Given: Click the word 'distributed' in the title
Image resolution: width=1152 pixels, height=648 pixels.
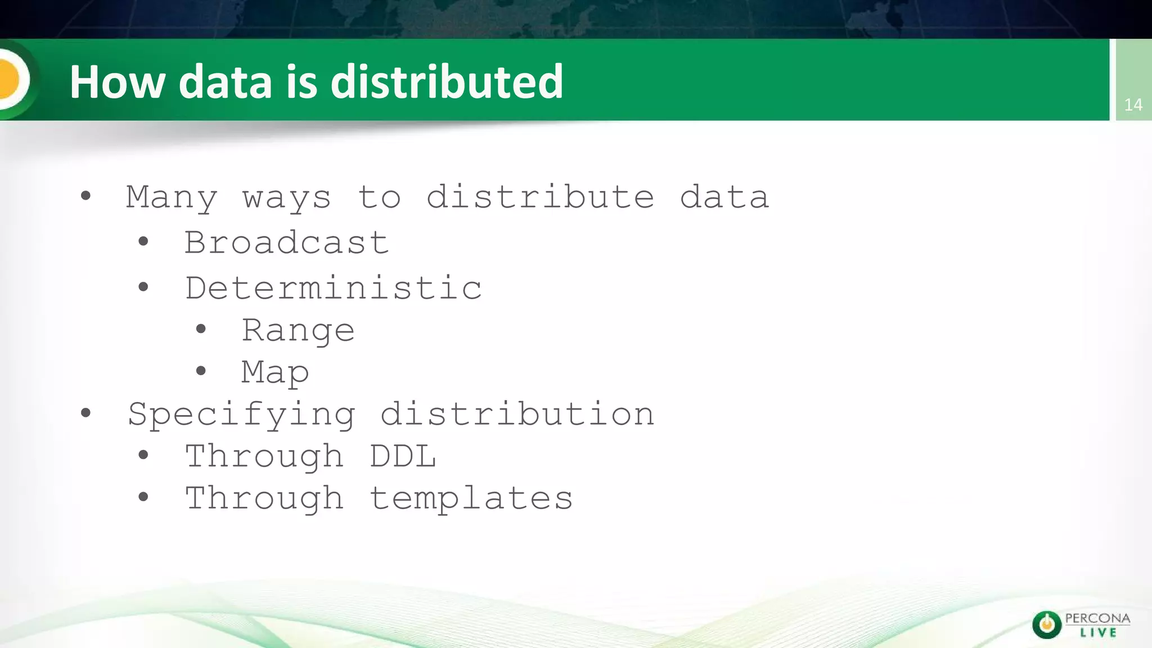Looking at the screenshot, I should point(447,82).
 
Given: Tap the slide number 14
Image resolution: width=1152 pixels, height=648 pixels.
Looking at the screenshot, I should point(1133,105).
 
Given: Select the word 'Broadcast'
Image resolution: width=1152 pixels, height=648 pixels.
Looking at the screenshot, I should point(286,243).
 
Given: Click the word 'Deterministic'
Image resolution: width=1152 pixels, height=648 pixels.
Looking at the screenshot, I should point(333,288).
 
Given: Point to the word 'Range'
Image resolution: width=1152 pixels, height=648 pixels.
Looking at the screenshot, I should point(298,330).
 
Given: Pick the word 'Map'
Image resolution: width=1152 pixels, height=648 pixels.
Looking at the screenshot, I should point(275,372).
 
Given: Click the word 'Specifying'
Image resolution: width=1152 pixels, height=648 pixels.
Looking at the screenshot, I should point(242,415).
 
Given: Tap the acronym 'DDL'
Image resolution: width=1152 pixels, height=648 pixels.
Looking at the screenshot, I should point(403,456).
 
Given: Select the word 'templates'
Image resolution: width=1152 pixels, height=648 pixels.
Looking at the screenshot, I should point(471,498).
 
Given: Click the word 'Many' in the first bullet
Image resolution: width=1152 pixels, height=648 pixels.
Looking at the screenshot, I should point(172,197).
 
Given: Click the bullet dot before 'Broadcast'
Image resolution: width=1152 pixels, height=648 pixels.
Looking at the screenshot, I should point(143,242).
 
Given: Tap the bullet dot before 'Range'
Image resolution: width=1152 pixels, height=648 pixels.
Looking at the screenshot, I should point(201,329).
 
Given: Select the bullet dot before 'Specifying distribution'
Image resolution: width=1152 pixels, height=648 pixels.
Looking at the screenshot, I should point(85,413).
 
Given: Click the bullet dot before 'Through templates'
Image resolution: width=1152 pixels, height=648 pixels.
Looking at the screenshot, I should point(143,497).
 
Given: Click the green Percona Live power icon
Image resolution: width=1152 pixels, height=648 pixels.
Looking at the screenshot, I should point(1046,624).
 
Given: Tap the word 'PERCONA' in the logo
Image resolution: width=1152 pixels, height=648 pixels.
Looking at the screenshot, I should point(1097,618).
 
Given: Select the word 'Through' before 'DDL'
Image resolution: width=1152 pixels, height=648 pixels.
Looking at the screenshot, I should point(264,456).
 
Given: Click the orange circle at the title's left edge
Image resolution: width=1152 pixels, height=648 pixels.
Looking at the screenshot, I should point(8,79).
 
